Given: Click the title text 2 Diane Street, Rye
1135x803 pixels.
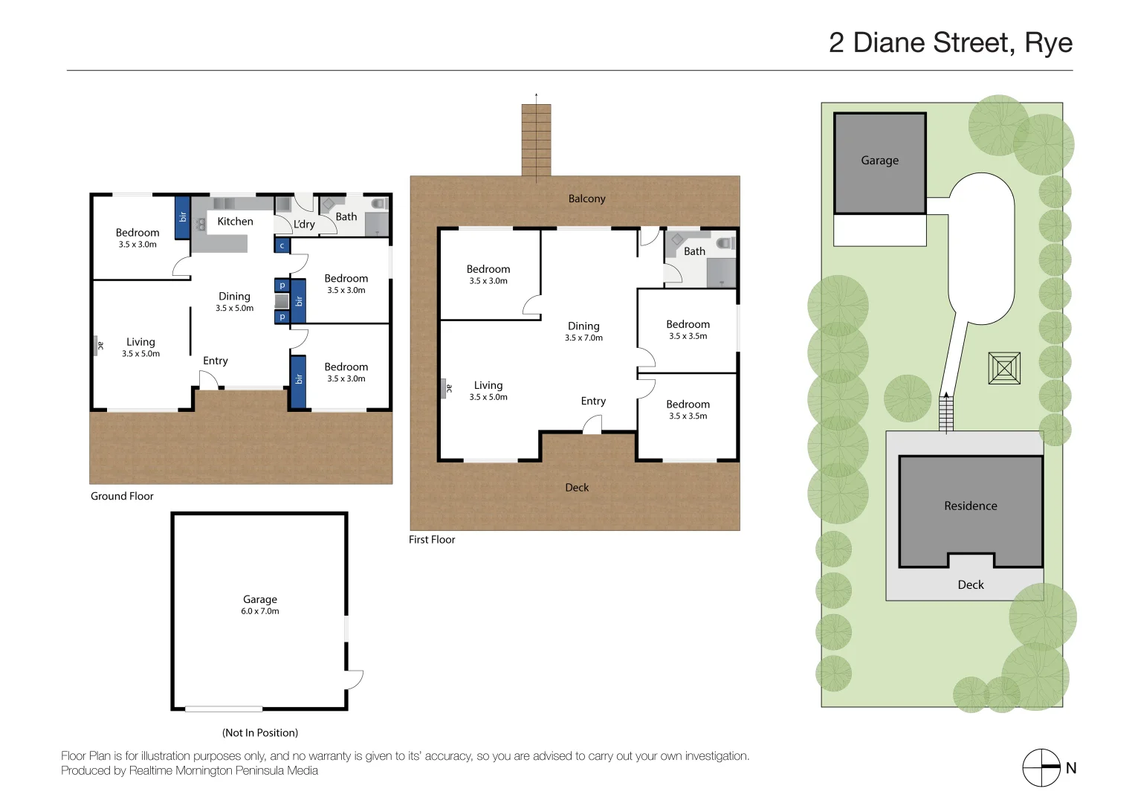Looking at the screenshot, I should (x=950, y=43).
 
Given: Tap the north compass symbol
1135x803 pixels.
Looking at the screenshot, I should (x=1041, y=767).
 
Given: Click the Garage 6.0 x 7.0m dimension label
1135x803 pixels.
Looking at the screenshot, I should (x=259, y=611).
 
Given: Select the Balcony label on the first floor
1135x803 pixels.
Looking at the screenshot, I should (x=586, y=199).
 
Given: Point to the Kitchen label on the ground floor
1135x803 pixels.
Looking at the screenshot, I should (x=235, y=222).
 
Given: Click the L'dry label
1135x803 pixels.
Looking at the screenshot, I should (x=304, y=224).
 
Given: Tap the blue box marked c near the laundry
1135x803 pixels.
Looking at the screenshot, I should (x=282, y=245).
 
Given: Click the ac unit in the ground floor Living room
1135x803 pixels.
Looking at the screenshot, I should (x=97, y=345).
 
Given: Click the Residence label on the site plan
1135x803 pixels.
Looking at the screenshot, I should (x=970, y=506).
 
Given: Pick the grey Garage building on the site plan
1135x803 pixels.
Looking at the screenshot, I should (x=879, y=163).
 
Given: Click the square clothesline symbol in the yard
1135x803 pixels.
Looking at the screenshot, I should (x=1003, y=368).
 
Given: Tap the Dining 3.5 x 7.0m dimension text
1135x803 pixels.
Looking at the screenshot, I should (x=583, y=338).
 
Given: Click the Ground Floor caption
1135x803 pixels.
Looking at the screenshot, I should (x=122, y=496).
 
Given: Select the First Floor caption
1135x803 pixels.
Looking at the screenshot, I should (x=431, y=539).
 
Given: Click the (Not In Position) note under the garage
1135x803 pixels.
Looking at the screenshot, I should (x=259, y=732).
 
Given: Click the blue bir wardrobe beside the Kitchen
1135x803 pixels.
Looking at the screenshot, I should (x=182, y=217).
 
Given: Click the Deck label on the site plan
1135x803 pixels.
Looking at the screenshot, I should (x=970, y=584).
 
